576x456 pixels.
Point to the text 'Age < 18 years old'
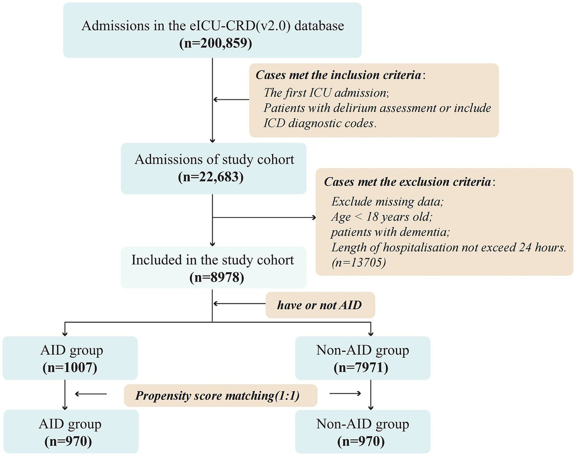382,216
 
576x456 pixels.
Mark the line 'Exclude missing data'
387,202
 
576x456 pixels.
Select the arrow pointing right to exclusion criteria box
264,217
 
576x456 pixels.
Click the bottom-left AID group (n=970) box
71,431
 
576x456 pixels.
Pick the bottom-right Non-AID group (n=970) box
362,431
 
